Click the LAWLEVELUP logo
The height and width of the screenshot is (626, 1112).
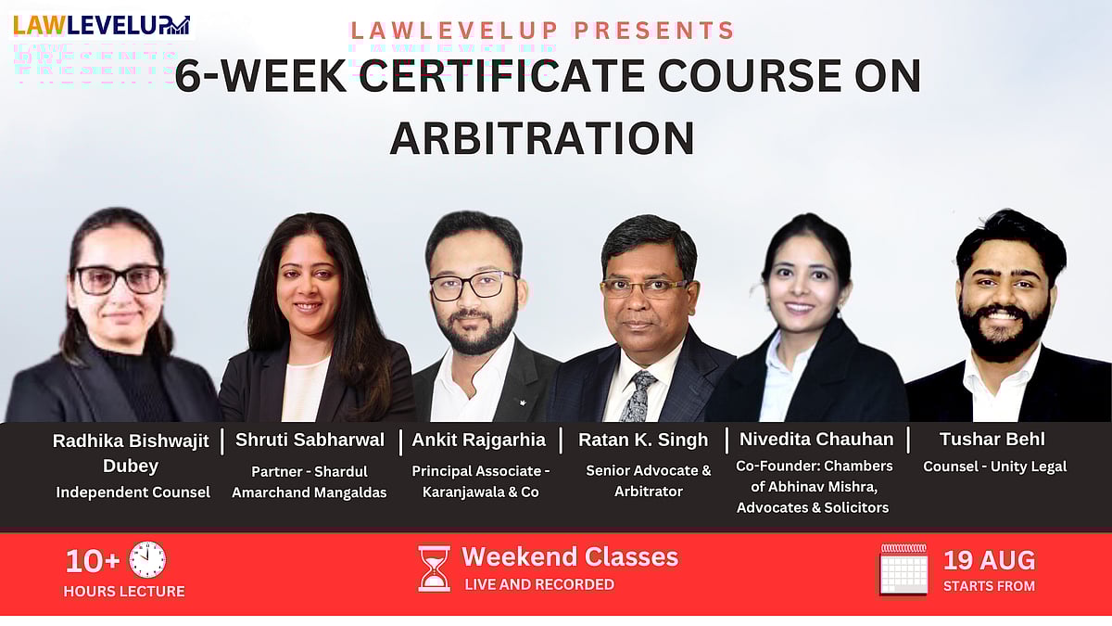[101, 24]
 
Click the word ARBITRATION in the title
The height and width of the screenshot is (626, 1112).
[542, 137]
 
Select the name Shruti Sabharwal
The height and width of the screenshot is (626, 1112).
[310, 440]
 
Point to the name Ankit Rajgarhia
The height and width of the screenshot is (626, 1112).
[478, 440]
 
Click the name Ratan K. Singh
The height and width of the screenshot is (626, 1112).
[643, 440]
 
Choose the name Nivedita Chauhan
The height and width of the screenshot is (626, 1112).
[816, 440]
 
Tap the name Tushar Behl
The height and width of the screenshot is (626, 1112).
[992, 440]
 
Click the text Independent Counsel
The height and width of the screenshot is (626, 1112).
[133, 492]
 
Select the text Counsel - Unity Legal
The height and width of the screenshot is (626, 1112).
[994, 466]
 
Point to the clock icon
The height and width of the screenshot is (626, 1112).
[147, 560]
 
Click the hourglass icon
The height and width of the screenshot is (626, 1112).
[434, 568]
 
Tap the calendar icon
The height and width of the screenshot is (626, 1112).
[903, 570]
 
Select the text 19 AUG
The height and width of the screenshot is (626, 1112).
[989, 560]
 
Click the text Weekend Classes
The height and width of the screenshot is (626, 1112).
[570, 556]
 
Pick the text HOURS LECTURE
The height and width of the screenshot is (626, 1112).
[124, 591]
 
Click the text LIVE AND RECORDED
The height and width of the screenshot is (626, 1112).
[539, 584]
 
